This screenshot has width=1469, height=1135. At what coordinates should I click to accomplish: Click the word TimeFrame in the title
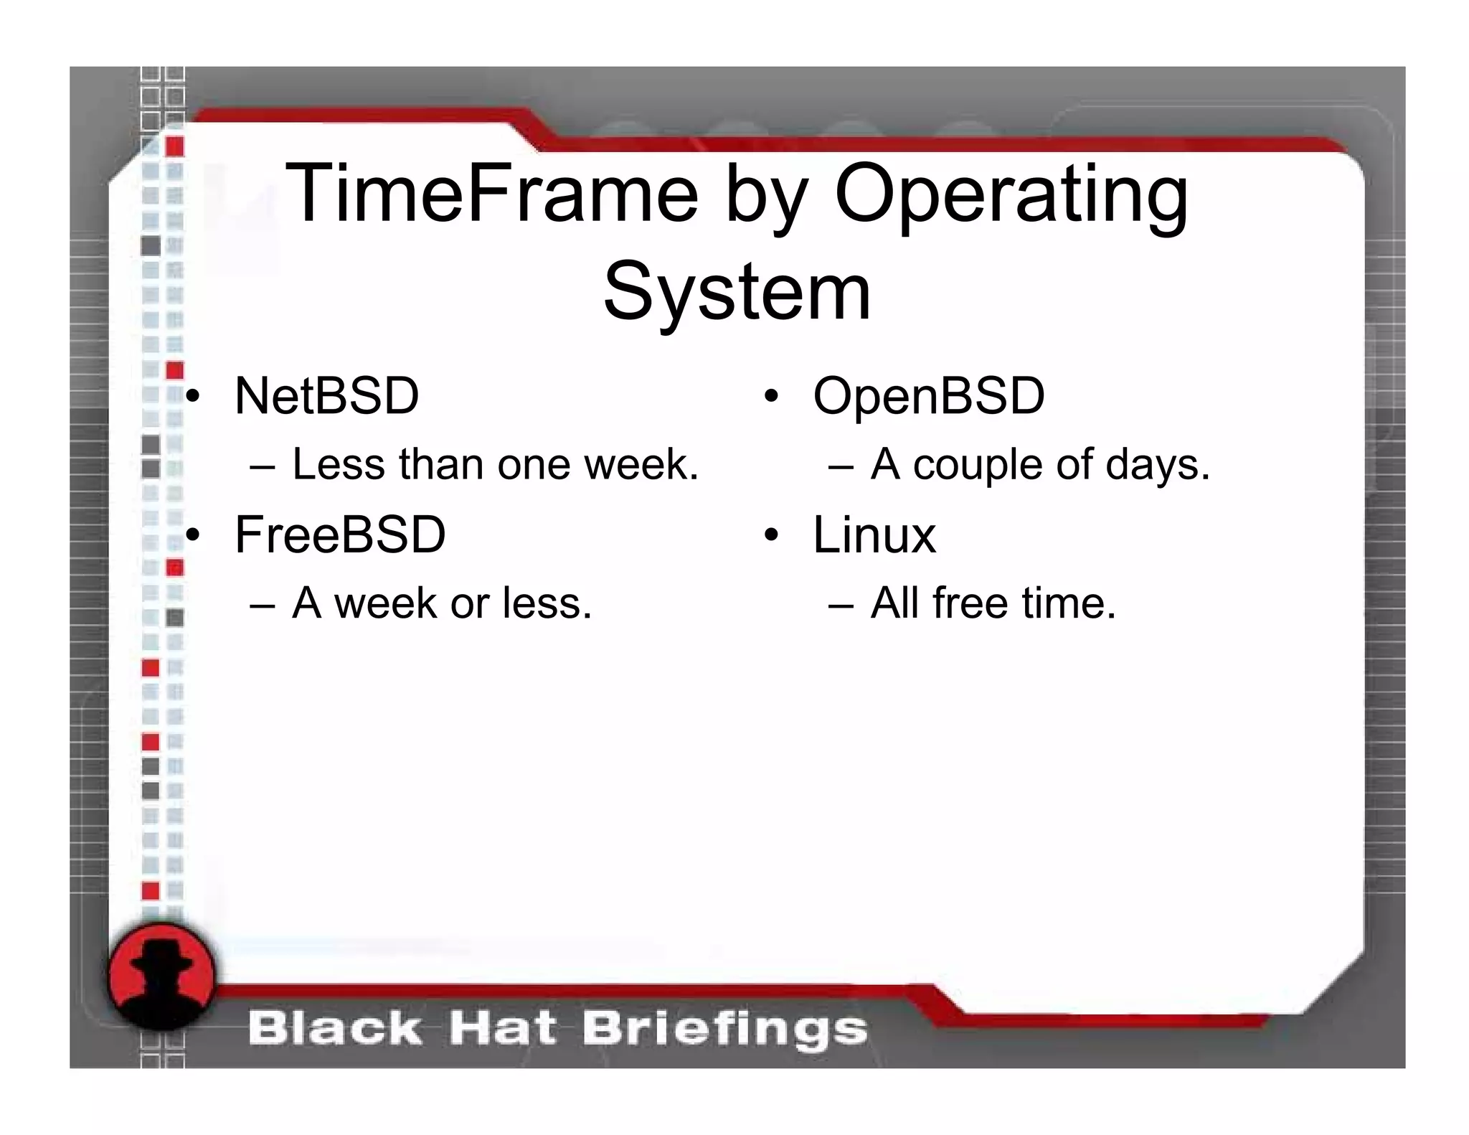click(x=491, y=194)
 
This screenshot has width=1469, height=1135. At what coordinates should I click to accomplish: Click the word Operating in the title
click(x=1011, y=195)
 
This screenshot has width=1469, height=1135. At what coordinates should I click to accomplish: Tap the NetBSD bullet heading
click(x=326, y=396)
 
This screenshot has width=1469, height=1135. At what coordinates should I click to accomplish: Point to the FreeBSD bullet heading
click(x=340, y=535)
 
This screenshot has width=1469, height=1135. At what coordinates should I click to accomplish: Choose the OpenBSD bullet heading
click(x=928, y=396)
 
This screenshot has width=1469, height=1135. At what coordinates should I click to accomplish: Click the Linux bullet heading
click(x=874, y=535)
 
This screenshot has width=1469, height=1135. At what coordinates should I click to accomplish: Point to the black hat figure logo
click(x=162, y=976)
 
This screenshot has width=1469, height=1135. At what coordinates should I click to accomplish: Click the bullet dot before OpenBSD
click(x=771, y=397)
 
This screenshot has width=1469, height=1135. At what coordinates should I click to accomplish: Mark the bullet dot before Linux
click(x=771, y=535)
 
